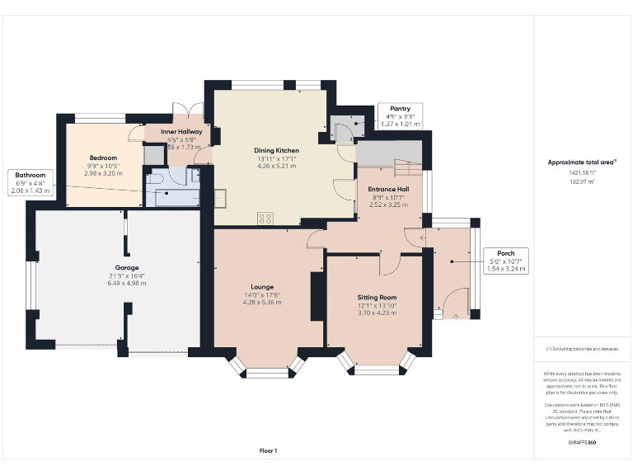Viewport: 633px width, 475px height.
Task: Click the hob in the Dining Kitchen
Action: tap(266, 218)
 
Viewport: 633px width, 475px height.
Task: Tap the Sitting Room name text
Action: tap(377, 297)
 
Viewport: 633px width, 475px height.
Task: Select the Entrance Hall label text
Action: tap(388, 189)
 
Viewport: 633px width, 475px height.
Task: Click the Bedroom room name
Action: tap(103, 158)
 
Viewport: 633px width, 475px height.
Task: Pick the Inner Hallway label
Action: tap(181, 132)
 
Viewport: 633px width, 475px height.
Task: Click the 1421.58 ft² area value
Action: tap(582, 173)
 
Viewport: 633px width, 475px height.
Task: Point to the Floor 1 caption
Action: tap(268, 450)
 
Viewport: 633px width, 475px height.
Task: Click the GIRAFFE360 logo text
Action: tap(582, 443)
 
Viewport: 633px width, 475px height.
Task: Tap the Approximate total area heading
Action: tap(582, 162)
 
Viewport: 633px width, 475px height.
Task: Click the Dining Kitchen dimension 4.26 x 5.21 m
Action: tap(276, 166)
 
